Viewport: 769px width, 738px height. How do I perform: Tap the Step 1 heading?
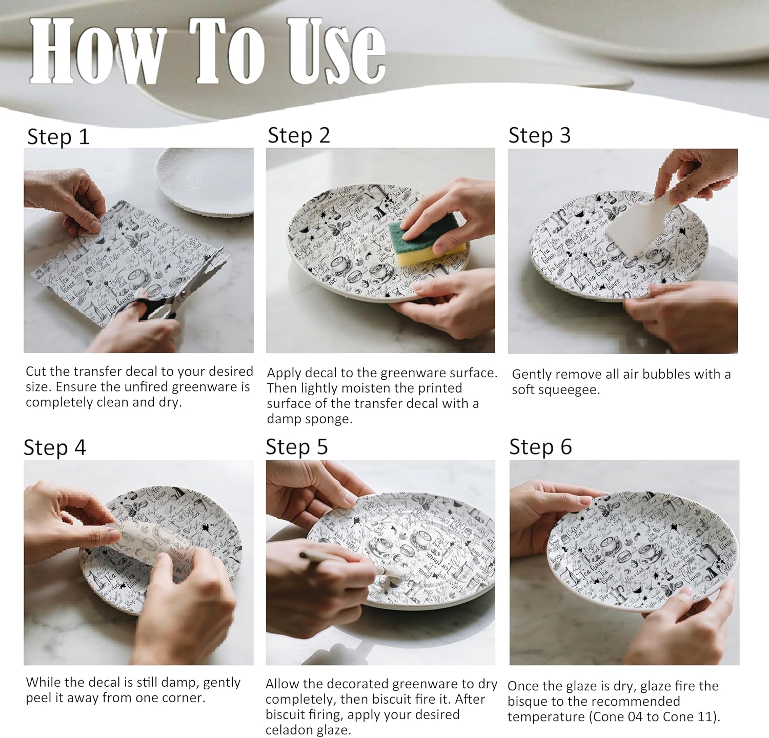(x=58, y=137)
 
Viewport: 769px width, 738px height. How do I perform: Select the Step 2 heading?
(x=299, y=135)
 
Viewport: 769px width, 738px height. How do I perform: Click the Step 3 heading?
(x=539, y=135)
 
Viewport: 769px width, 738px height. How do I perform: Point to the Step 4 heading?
(x=55, y=447)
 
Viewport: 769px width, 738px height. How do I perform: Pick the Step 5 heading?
(x=297, y=447)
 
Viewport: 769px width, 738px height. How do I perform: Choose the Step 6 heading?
(x=540, y=447)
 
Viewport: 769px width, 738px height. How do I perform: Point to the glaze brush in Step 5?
(x=349, y=569)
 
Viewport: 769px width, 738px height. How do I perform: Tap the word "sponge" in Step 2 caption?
(x=331, y=419)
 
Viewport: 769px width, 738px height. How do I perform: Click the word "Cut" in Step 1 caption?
(x=35, y=372)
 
